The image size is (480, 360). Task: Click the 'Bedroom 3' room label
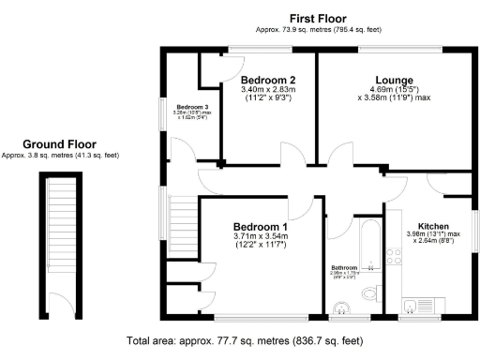(x=193, y=107)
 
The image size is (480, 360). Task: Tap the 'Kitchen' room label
(x=432, y=227)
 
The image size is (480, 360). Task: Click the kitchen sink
(x=412, y=302)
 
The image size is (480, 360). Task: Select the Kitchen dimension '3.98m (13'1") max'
(x=432, y=234)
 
